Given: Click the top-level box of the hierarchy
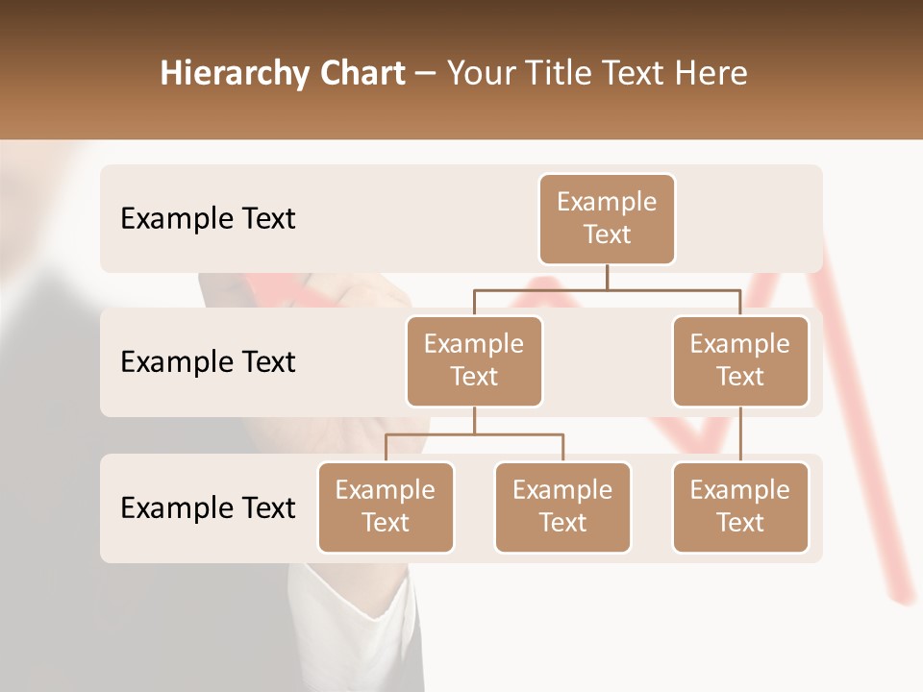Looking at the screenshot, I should point(607,219).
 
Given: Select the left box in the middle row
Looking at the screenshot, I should point(474,360).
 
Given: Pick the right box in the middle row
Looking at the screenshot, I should point(740,360).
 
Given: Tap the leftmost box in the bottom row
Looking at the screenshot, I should point(386,507).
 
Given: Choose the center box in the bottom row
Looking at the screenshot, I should point(562,507).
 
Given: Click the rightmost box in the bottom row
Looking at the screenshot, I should point(740,507).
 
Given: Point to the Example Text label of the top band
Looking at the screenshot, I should point(208,219).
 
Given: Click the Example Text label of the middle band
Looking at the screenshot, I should point(208,361).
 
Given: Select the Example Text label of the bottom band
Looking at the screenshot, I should point(208,507).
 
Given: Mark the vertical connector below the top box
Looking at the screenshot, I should point(607,277).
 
